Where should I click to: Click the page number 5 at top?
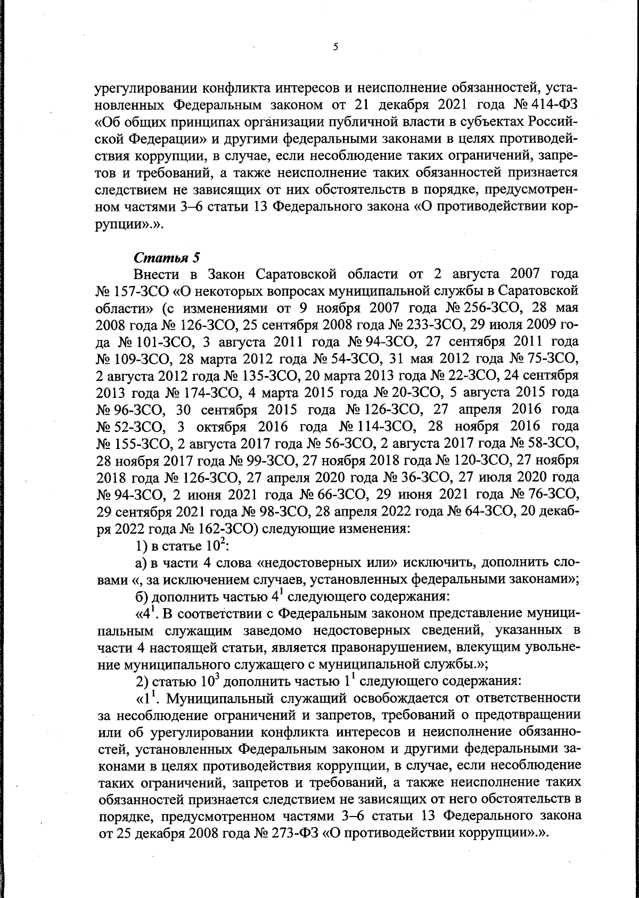[335, 47]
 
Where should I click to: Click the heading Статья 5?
[167, 257]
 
